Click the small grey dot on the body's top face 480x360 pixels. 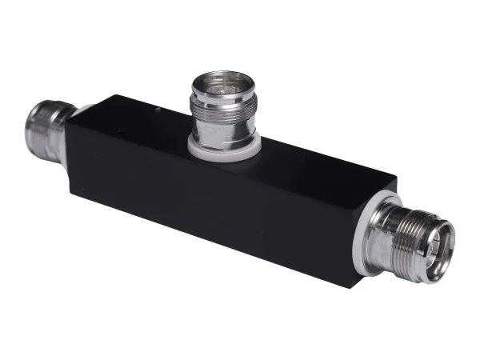pyautogui.click(x=164, y=108)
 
